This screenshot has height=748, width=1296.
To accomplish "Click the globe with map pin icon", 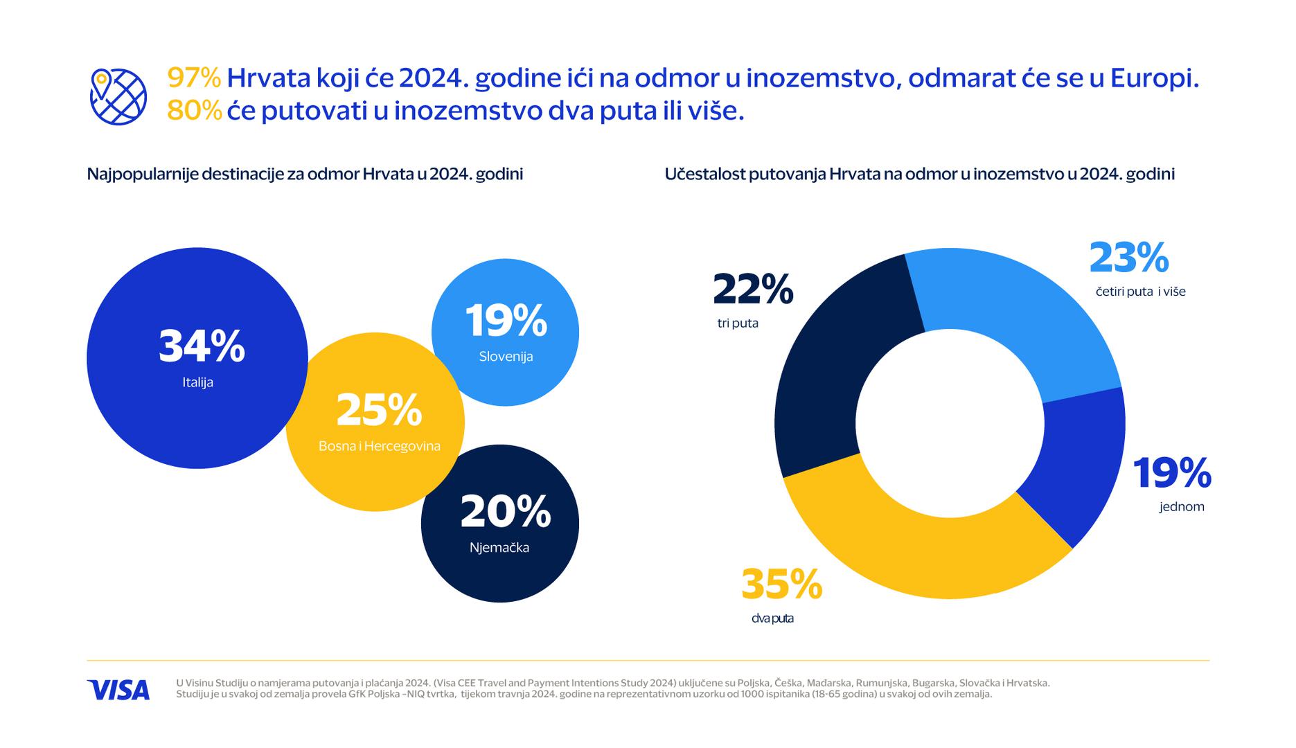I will coord(118,97).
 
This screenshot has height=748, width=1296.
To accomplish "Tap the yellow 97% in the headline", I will coord(194,78).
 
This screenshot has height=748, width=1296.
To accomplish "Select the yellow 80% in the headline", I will coord(194,111).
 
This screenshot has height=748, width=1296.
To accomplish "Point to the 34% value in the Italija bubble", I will coord(202,346).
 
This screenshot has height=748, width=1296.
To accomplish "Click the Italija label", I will coord(198,382).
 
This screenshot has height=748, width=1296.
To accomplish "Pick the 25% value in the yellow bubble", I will coord(379,410).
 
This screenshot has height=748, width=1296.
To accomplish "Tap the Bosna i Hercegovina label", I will coord(379,446).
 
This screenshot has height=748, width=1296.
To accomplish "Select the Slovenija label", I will coord(506,357).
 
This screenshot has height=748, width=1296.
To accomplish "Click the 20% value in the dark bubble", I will coord(505,512).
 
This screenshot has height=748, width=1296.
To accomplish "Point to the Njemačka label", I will coord(499,548).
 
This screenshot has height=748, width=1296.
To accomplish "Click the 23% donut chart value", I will coord(1129,258).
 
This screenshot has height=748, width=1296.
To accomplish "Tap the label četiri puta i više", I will coord(1140,292).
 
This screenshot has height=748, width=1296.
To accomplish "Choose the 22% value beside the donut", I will coord(753,290).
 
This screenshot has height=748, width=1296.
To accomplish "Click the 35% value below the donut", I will coord(781,585).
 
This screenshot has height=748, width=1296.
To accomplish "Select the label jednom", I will coord(1182,507).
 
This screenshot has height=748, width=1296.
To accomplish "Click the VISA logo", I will coord(118,690).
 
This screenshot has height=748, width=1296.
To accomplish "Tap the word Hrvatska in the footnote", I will coord(1028,683).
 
